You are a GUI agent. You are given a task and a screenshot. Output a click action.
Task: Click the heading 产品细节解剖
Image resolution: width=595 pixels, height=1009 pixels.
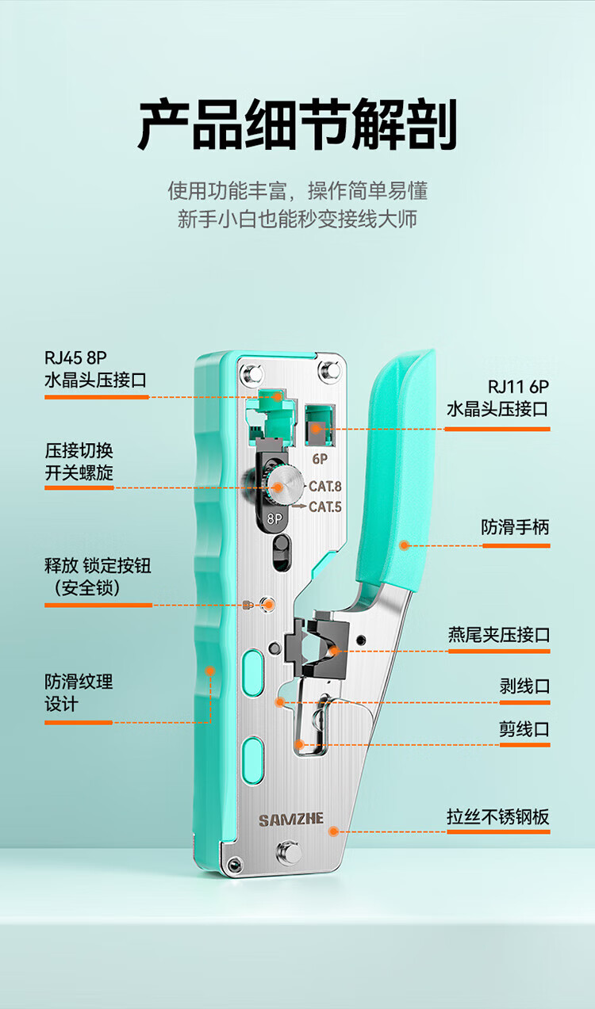click(x=297, y=124)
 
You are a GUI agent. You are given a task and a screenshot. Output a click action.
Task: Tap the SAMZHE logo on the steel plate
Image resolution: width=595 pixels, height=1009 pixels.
click(x=291, y=820)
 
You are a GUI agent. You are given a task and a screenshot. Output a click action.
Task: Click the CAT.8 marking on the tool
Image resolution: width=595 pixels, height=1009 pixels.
click(x=324, y=487)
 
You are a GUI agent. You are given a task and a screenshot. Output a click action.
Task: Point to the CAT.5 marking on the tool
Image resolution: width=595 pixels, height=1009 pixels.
click(x=324, y=507)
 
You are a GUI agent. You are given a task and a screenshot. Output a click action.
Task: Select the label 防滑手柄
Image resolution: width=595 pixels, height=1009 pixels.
click(x=515, y=527)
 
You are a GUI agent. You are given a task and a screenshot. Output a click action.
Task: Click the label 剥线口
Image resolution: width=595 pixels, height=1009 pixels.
click(x=524, y=686)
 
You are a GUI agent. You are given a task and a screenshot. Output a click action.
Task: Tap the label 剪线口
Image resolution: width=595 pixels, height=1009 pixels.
click(x=524, y=729)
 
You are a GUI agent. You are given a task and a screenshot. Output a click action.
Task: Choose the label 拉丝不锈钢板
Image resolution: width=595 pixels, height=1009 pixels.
click(x=498, y=817)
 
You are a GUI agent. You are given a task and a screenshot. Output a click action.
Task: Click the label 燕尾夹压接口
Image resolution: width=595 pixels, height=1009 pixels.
click(x=498, y=635)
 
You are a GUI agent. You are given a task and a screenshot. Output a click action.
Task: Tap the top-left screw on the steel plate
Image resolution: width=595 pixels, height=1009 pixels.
click(x=252, y=373)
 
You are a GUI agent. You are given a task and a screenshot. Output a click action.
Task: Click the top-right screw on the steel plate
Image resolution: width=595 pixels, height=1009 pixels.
click(x=327, y=369)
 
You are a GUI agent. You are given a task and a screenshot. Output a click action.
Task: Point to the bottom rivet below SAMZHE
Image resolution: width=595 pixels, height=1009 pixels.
click(x=286, y=854)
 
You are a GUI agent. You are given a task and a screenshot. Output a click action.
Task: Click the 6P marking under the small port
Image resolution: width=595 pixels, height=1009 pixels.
click(x=320, y=459)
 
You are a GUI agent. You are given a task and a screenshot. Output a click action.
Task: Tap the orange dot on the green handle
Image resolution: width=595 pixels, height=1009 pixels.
click(x=404, y=545)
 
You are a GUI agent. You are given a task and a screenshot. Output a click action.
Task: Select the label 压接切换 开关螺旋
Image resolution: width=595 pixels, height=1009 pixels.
click(x=79, y=462)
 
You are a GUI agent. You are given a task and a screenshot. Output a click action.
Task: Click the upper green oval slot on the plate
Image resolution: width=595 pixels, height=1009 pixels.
click(x=252, y=664)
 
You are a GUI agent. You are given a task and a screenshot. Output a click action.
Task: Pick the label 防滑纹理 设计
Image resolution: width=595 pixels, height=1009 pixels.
click(x=79, y=693)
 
